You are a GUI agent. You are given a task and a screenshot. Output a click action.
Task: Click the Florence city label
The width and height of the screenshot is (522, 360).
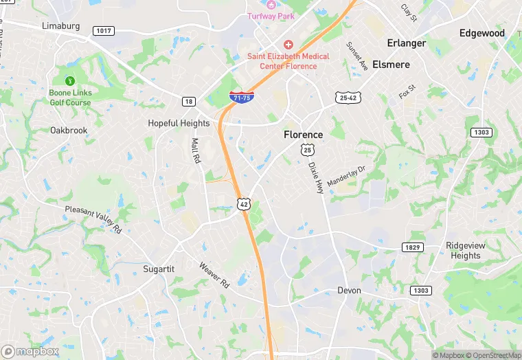coord(303,135)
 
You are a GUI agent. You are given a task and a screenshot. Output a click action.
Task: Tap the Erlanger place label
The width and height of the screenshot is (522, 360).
coord(407,43)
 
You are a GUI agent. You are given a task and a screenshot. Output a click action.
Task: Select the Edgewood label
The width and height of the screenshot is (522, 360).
coord(481,33)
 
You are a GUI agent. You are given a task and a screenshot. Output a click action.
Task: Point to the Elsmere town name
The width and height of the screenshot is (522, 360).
coord(391,65)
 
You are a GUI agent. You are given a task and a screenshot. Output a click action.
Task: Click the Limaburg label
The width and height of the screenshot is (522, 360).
coord(61,26)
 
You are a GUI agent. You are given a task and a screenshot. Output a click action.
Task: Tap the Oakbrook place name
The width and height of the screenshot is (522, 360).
coord(69,130)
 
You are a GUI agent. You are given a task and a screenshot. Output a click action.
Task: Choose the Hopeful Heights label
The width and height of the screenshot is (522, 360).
coord(179,124)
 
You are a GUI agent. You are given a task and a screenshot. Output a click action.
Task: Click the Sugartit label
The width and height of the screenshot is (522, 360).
coord(159,269)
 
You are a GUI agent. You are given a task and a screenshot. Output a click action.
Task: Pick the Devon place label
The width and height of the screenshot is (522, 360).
coord(349,291)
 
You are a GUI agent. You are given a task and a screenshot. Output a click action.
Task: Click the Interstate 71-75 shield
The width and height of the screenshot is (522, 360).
coord(241,97)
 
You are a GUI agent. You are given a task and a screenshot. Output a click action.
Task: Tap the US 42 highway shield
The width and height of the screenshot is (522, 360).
coord(243,204)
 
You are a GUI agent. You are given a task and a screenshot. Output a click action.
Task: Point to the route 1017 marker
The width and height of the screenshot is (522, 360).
coord(104,31)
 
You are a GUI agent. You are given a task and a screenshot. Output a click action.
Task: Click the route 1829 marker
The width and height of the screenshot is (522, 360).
coord(411,247)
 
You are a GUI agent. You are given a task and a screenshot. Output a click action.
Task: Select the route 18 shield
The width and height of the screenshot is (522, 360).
coord(188,102)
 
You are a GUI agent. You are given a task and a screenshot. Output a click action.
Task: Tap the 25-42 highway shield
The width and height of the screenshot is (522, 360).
coord(348,98)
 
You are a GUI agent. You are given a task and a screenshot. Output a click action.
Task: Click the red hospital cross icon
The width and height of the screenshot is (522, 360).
coord(288,44)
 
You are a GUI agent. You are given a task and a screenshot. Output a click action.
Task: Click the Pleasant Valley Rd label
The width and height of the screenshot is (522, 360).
coord(93,219)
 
